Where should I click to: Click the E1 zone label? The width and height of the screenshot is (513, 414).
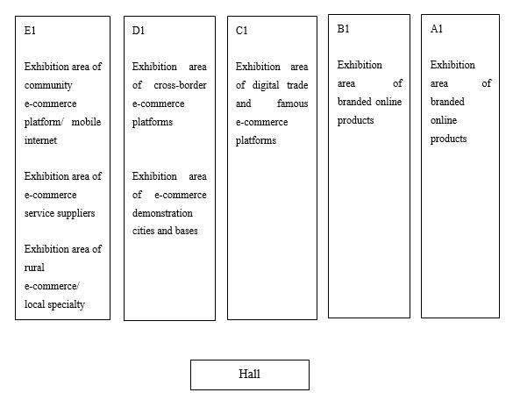30,31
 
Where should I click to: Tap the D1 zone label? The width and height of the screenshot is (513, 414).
138,31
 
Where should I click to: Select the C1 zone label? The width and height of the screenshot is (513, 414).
241,31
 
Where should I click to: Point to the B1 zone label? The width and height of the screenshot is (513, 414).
343,29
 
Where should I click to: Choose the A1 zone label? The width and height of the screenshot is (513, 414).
437,29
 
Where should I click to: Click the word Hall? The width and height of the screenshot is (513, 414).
249,374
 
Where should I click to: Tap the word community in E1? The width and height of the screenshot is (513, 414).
48,85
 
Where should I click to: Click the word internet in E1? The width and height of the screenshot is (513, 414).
40,140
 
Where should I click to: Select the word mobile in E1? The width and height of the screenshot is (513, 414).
86,122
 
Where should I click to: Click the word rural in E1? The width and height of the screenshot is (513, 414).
34,268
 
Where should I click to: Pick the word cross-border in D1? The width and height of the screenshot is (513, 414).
180,85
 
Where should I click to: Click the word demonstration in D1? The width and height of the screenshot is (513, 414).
162,213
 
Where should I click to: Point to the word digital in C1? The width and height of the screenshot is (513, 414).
266,85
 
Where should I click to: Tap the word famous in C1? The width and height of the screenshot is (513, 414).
293,103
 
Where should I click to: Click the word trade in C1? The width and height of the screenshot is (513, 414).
297,85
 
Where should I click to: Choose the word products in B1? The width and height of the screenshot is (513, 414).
355,121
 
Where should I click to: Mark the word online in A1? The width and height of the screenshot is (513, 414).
444,120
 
